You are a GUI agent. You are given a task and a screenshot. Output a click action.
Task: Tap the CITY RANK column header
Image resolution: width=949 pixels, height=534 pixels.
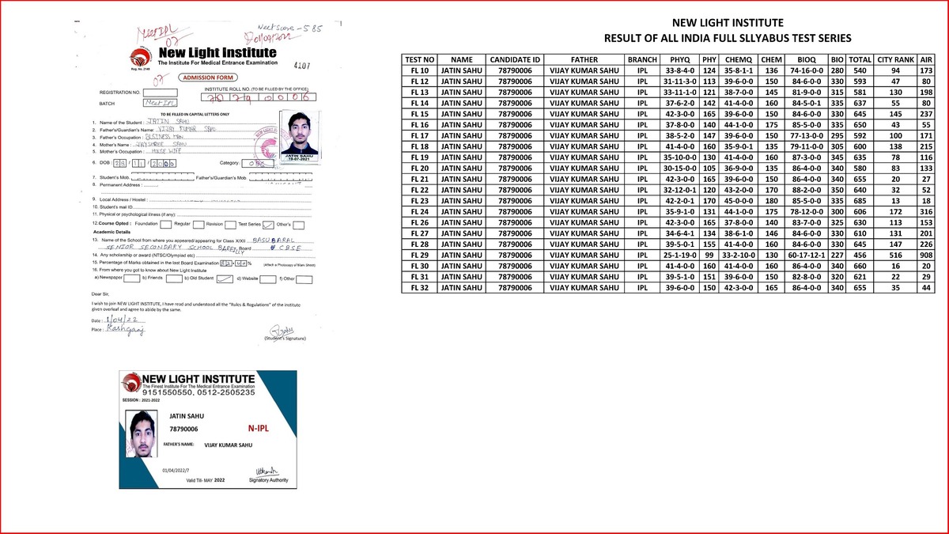(896, 59)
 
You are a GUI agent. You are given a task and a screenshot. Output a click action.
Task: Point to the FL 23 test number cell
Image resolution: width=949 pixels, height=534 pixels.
(419, 200)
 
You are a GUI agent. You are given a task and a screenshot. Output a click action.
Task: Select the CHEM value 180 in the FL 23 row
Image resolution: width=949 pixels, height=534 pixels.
(771, 200)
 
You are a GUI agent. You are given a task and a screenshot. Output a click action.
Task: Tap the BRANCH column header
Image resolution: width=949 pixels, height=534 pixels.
(641, 59)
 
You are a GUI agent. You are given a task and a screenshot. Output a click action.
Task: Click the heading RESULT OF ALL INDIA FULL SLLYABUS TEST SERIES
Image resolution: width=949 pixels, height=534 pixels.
(728, 38)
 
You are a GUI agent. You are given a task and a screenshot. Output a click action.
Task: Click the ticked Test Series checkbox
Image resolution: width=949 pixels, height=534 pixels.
(268, 225)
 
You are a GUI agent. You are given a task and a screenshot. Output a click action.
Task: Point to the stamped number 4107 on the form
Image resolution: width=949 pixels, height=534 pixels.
(303, 66)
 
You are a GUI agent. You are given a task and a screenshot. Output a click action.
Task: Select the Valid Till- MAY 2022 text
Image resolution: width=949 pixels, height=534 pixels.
(206, 480)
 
